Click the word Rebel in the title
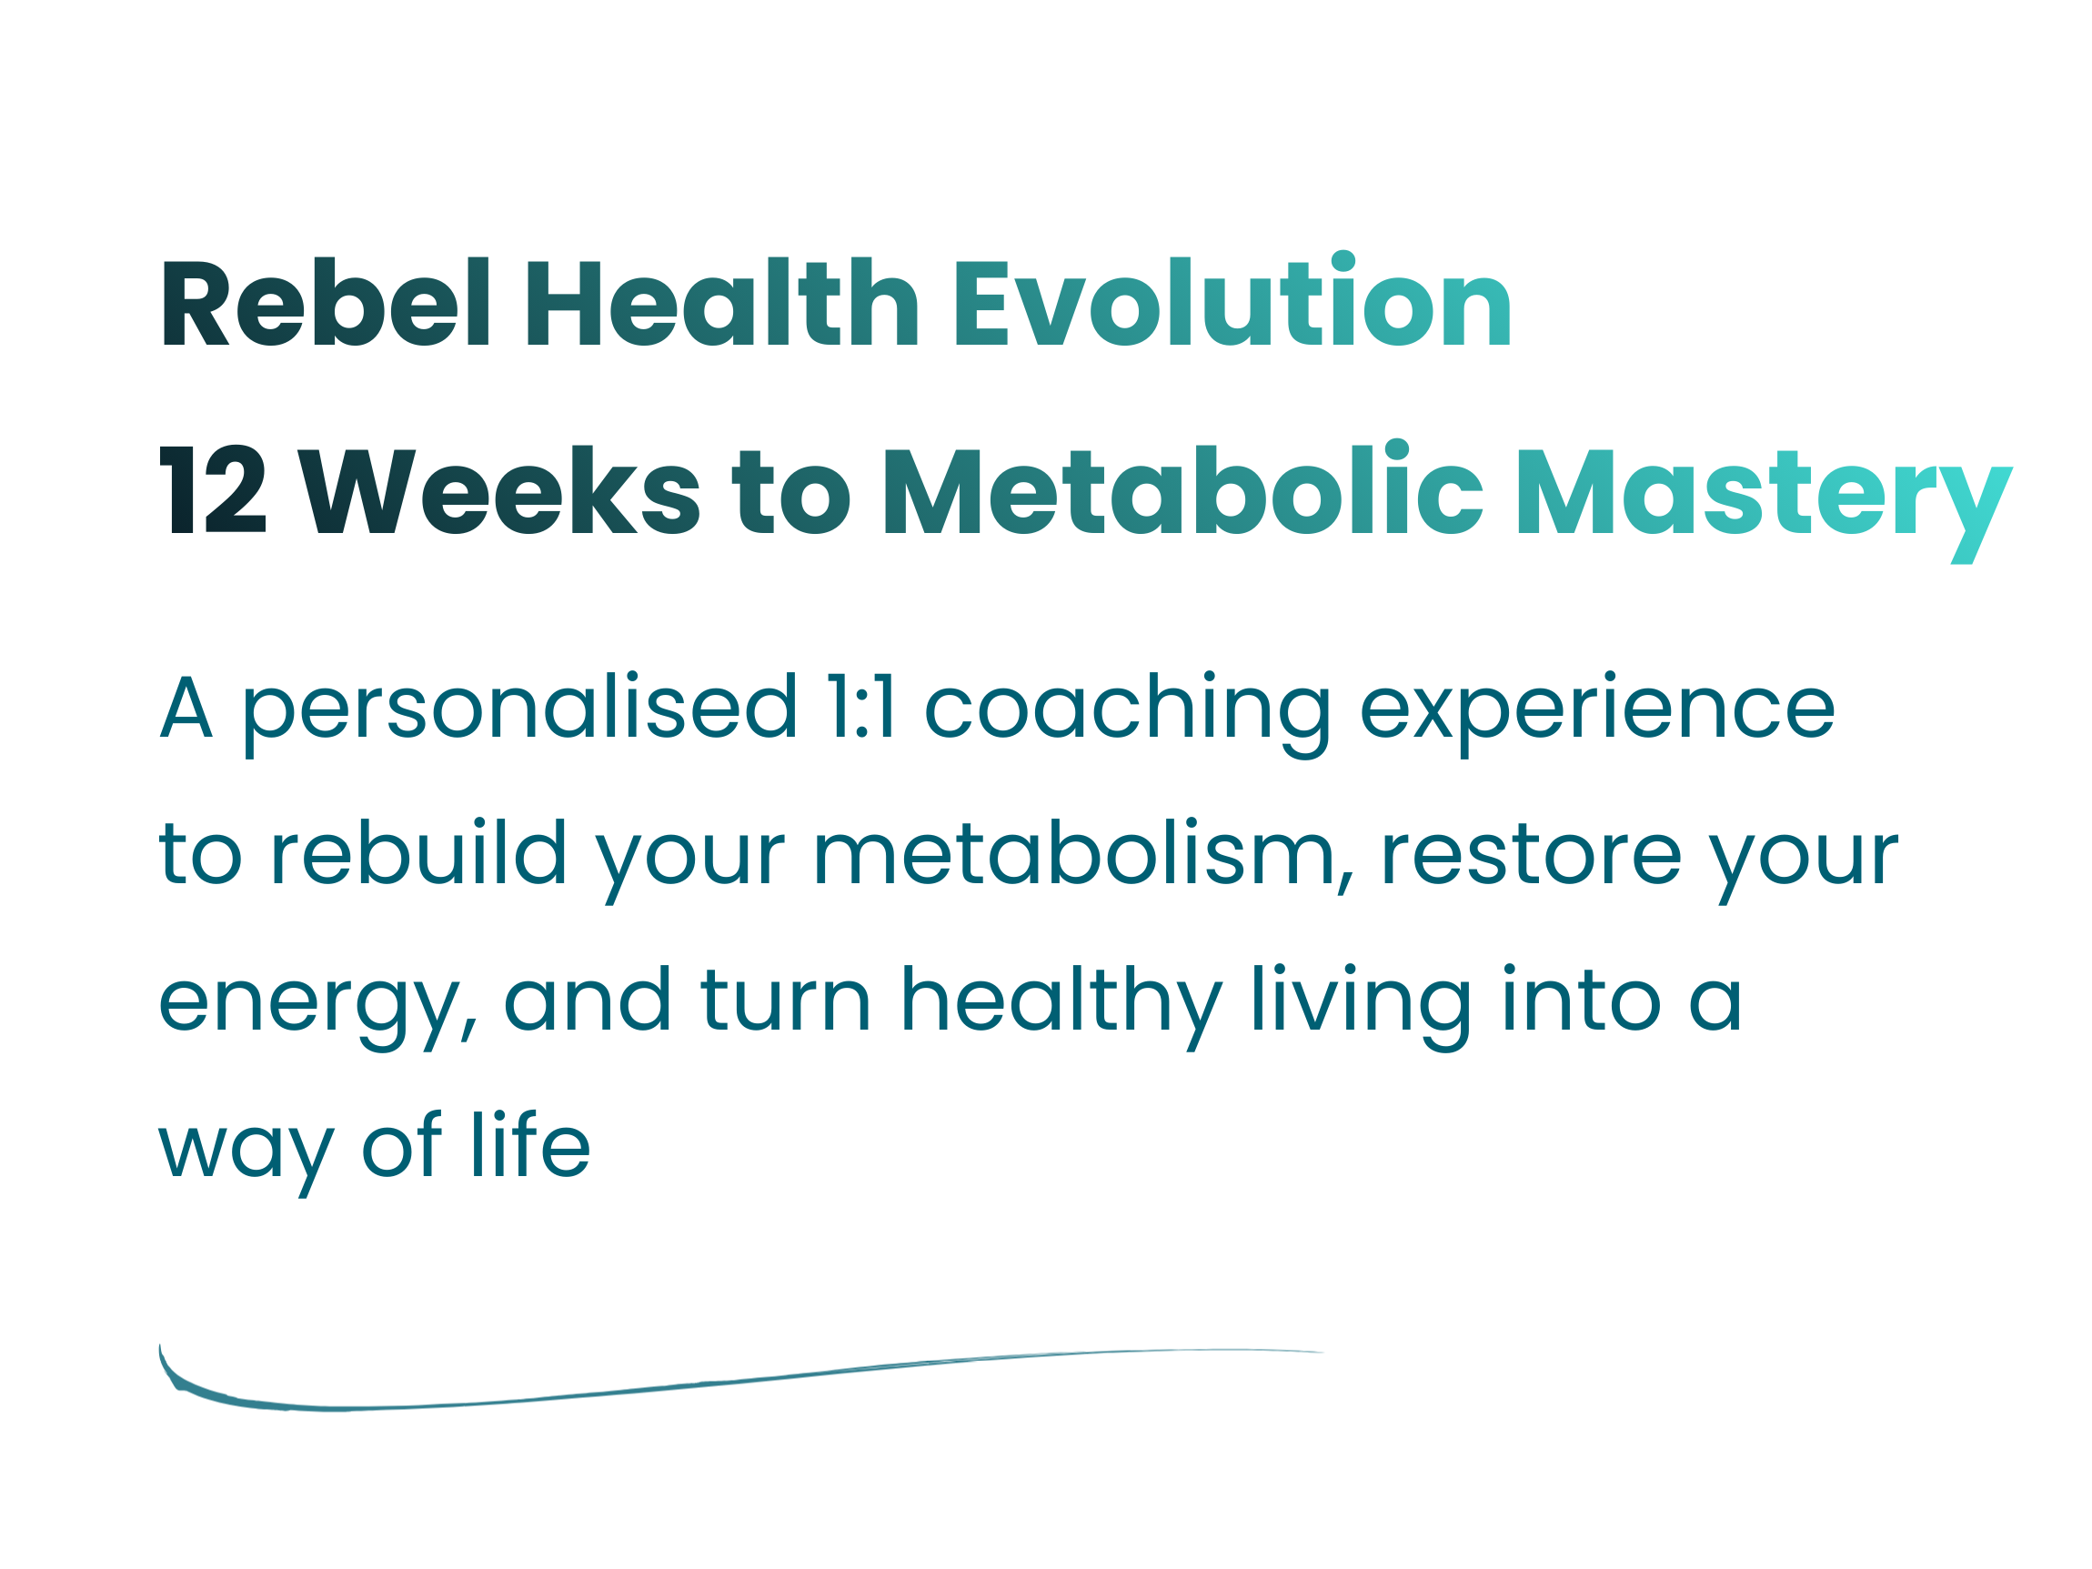tap(326, 302)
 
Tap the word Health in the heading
tap(722, 302)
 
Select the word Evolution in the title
tap(1233, 299)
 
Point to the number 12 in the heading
tap(213, 489)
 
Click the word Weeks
tap(499, 489)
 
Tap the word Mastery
tap(1765, 501)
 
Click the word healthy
tap(1062, 1006)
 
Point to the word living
tap(1362, 1006)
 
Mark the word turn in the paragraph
tap(785, 999)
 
